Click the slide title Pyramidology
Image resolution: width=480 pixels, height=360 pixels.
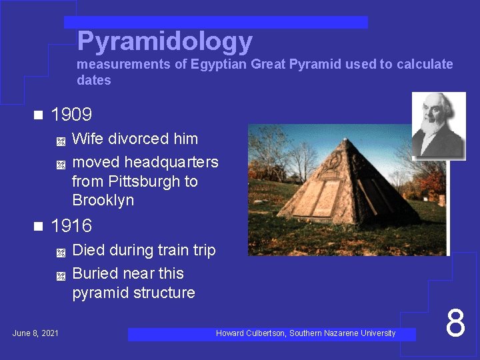click(x=165, y=42)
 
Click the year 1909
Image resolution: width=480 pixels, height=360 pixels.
click(x=71, y=115)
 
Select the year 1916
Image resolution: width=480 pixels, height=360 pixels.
click(x=71, y=226)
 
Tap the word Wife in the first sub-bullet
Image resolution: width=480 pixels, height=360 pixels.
click(x=87, y=139)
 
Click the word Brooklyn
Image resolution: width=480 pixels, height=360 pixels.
click(x=103, y=200)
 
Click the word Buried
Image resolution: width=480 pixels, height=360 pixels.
click(x=94, y=273)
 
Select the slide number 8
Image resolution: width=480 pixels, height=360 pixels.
click(x=455, y=323)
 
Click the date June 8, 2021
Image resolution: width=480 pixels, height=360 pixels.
click(x=35, y=333)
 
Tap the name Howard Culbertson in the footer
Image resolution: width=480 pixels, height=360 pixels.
click(x=251, y=333)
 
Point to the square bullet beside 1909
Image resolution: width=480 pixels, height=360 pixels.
click(x=37, y=115)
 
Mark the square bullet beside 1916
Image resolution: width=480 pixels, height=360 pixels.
click(x=37, y=226)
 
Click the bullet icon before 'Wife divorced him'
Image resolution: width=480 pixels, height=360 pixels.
click(x=60, y=141)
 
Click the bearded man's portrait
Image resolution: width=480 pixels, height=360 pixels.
click(x=437, y=125)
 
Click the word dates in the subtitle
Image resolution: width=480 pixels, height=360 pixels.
click(x=94, y=81)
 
